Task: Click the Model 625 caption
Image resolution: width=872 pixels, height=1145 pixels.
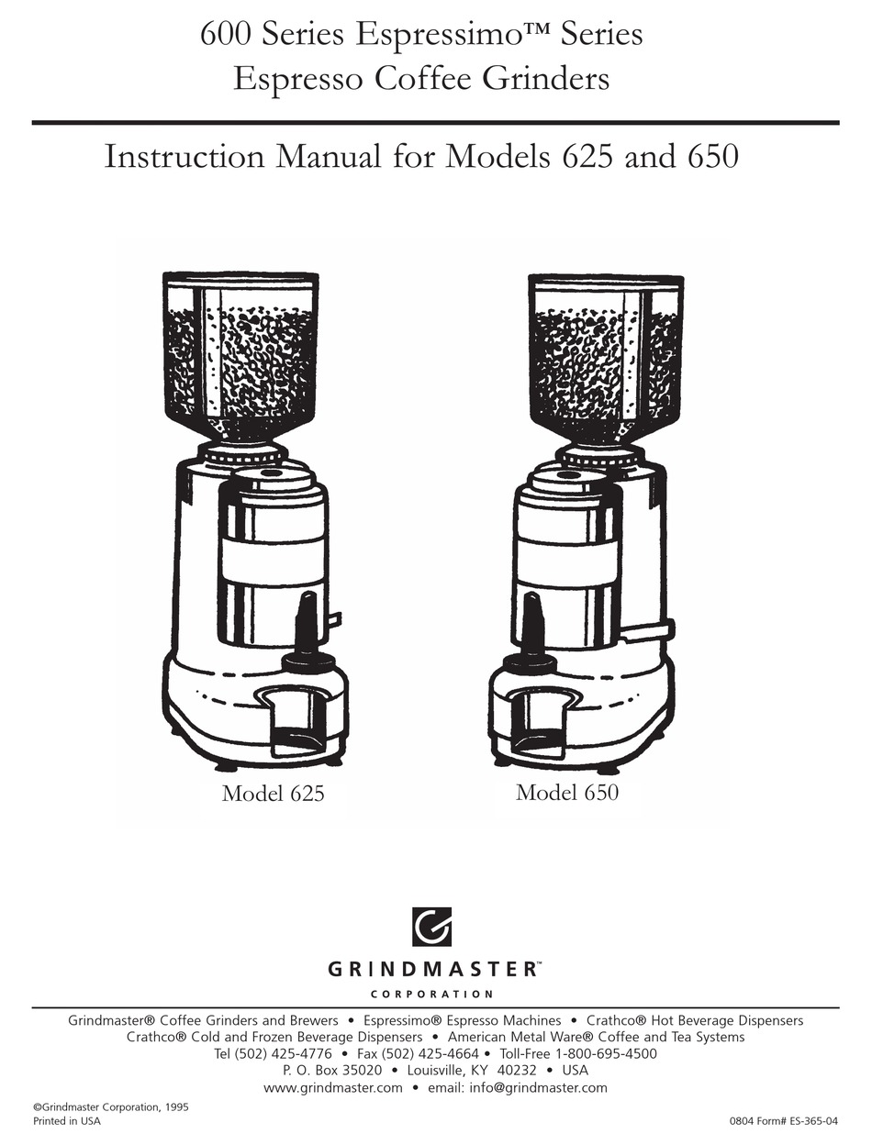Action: click(273, 794)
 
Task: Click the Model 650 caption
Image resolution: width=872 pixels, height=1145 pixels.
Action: click(566, 792)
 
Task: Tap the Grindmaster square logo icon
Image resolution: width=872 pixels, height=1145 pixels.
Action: click(431, 926)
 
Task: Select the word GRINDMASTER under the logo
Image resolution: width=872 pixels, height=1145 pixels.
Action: click(431, 970)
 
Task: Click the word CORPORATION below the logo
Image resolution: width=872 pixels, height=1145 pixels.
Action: click(431, 994)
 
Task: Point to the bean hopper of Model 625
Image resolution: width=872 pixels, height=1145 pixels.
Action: click(240, 353)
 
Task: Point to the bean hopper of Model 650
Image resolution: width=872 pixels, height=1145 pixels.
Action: click(606, 353)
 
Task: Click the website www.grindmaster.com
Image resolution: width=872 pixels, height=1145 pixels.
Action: click(332, 1087)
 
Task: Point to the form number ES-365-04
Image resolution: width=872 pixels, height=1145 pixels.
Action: click(812, 1121)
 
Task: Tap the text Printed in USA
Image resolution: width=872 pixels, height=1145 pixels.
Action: click(67, 1121)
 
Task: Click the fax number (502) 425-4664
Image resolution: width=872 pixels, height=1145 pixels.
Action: click(430, 1054)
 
